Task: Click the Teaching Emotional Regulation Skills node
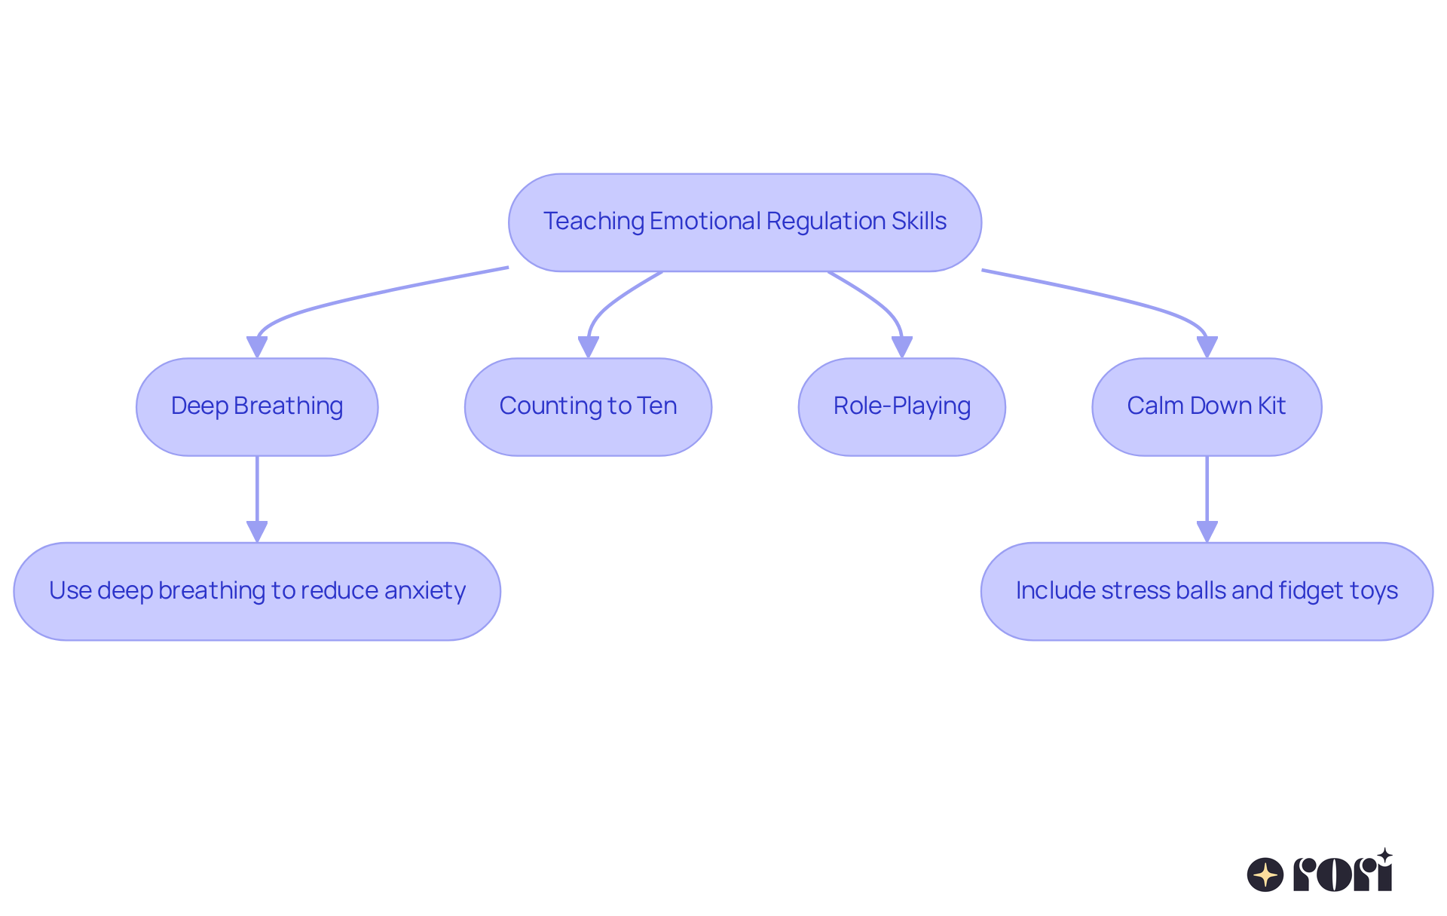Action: coord(745,222)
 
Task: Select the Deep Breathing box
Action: coord(257,407)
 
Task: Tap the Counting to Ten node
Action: coord(588,407)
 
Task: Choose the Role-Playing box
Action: coord(901,407)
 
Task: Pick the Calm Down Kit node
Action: coord(1207,407)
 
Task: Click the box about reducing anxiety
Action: coord(257,592)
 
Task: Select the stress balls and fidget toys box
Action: coord(1207,592)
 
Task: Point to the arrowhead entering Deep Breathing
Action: coord(257,347)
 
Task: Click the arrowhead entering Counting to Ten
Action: coord(588,347)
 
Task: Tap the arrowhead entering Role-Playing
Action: coord(901,347)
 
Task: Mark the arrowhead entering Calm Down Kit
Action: coord(1207,347)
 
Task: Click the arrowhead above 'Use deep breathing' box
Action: coord(257,532)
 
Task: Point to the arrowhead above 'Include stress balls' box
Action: coord(1207,532)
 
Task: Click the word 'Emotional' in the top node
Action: coord(705,221)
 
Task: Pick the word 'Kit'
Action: coord(1271,406)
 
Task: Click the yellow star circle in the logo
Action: coord(1265,875)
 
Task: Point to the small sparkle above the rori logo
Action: coord(1384,855)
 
